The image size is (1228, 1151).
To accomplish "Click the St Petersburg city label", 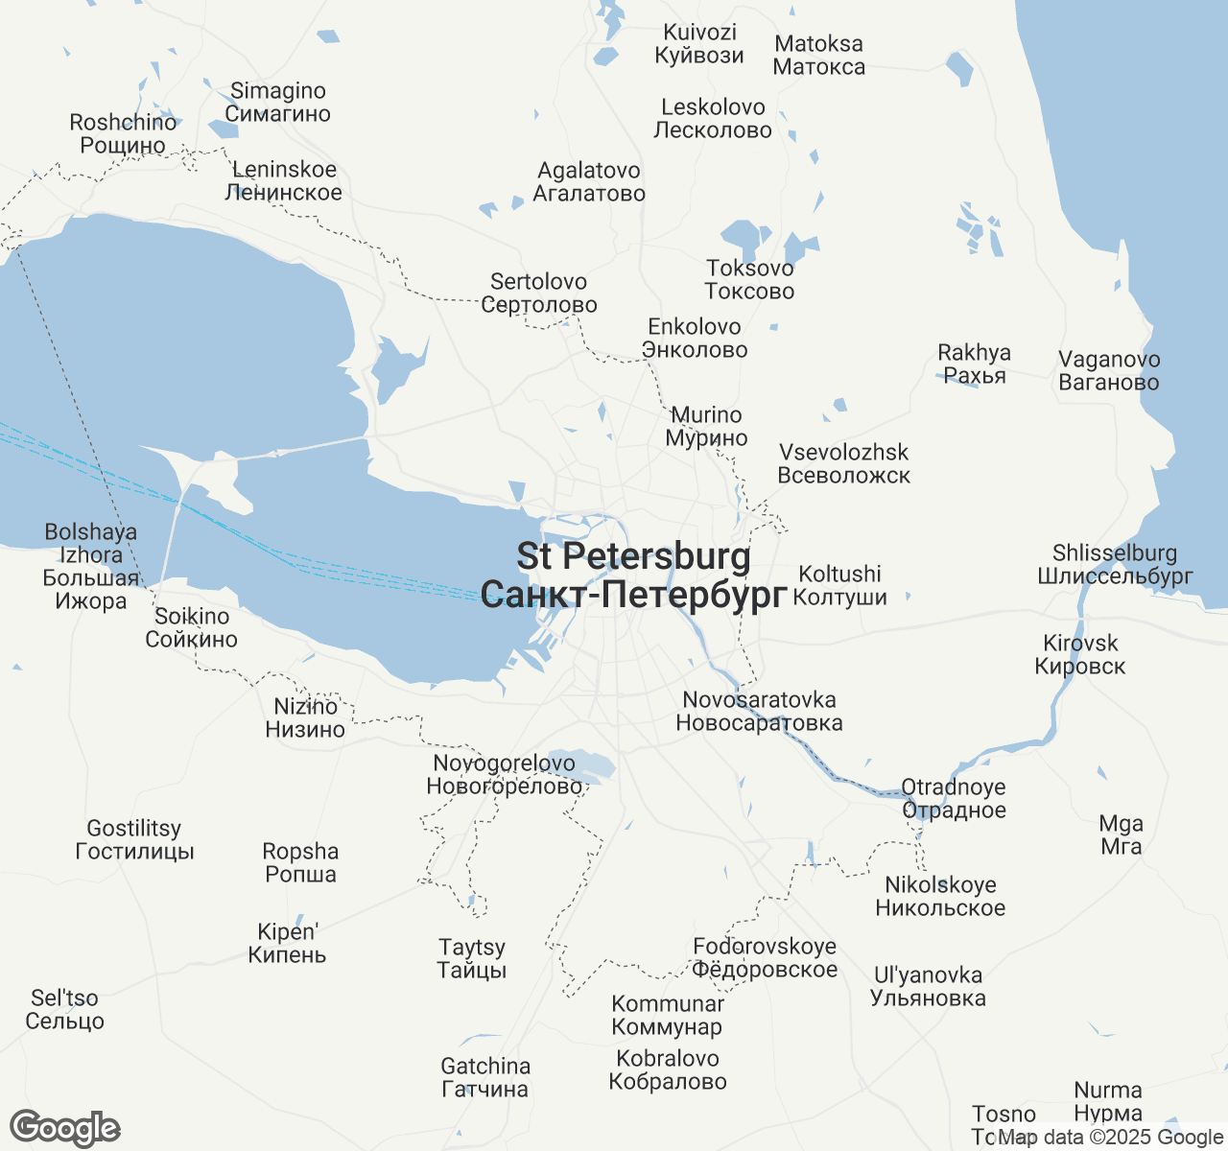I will pyautogui.click(x=633, y=575).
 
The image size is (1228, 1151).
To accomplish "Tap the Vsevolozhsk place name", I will pyautogui.click(x=843, y=464).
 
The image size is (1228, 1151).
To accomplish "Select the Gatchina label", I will pyautogui.click(x=484, y=1078).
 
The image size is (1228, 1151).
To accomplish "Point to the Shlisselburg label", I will pyautogui.click(x=1115, y=565).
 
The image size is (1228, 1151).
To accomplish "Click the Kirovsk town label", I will pyautogui.click(x=1080, y=655).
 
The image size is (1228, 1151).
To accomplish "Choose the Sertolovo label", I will pyautogui.click(x=538, y=294).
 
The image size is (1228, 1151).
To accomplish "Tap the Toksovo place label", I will pyautogui.click(x=749, y=280).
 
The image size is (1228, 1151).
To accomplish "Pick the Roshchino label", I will pyautogui.click(x=123, y=134).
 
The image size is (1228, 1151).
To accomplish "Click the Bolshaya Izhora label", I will pyautogui.click(x=91, y=567).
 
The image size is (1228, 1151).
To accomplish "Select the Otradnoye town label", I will pyautogui.click(x=954, y=799).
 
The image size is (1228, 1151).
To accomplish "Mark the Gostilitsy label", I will pyautogui.click(x=134, y=840).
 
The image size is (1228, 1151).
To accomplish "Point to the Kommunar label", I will pyautogui.click(x=668, y=1016).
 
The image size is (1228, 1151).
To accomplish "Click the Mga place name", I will pyautogui.click(x=1121, y=835).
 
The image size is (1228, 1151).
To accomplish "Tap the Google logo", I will pyautogui.click(x=65, y=1129).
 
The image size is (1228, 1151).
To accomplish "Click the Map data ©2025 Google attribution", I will pyautogui.click(x=1111, y=1138).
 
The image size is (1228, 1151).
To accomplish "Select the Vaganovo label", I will pyautogui.click(x=1109, y=371).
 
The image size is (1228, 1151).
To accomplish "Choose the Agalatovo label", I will pyautogui.click(x=589, y=182).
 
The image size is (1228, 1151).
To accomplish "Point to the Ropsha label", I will pyautogui.click(x=300, y=863).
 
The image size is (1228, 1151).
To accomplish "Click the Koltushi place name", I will pyautogui.click(x=840, y=586).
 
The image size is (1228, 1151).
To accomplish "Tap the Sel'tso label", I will pyautogui.click(x=64, y=1010).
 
